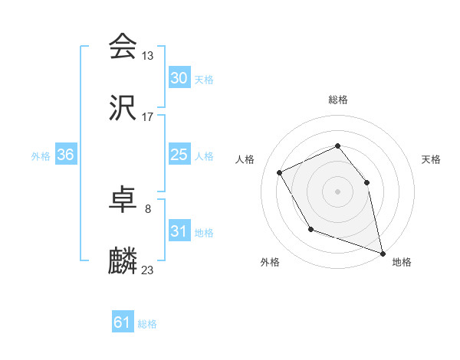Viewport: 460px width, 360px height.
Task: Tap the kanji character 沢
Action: click(x=123, y=109)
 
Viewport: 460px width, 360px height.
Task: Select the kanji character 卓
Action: click(x=123, y=200)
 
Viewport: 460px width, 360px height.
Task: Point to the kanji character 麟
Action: click(x=123, y=262)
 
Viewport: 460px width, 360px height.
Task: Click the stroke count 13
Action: click(x=148, y=56)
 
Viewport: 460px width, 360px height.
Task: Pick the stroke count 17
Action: click(x=148, y=118)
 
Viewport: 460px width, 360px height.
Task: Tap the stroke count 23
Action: click(x=148, y=270)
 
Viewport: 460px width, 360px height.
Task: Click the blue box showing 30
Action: click(x=179, y=78)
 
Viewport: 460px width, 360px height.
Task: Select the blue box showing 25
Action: click(x=179, y=155)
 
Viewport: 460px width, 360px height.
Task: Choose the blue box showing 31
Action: click(x=179, y=232)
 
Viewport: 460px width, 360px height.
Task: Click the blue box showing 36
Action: click(x=66, y=155)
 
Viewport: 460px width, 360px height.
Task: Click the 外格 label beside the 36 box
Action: click(x=41, y=156)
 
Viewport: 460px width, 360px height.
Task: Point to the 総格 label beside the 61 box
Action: click(x=147, y=324)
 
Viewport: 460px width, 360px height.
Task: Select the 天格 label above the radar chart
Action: click(x=431, y=159)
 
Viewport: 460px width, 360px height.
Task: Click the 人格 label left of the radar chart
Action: click(x=245, y=159)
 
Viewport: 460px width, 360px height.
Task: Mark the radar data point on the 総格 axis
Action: click(x=337, y=146)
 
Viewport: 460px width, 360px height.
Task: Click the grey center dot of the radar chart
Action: click(x=337, y=191)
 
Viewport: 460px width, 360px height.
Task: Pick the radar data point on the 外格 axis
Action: click(x=310, y=229)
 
